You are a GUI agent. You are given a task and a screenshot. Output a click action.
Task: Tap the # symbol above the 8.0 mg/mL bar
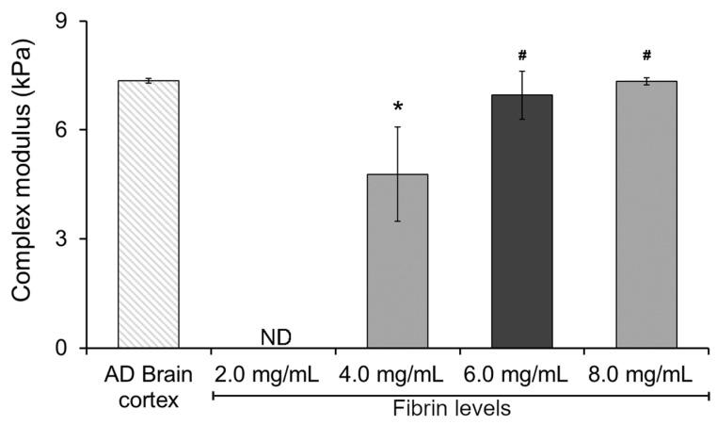tap(646, 56)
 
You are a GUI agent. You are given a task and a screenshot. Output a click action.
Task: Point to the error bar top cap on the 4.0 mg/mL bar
tap(397, 127)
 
